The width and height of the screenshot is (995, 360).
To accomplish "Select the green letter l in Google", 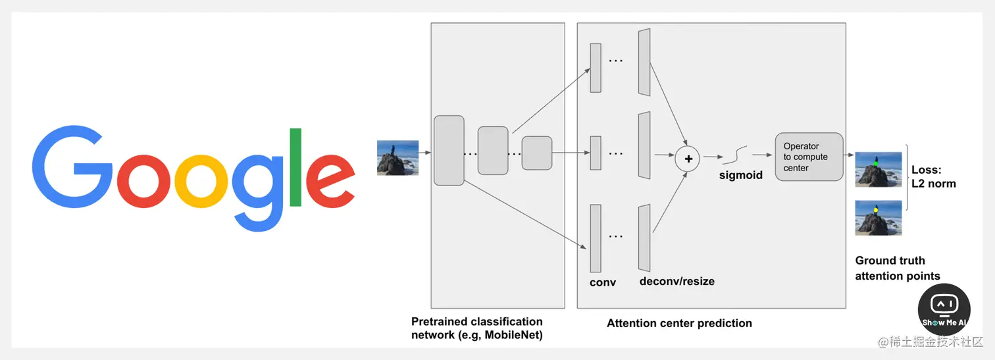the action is pyautogui.click(x=295, y=167).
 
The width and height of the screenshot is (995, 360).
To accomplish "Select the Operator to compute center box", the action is pyautogui.click(x=809, y=157).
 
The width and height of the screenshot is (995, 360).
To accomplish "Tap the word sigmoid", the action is pyautogui.click(x=741, y=176).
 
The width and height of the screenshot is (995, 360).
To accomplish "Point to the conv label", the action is pyautogui.click(x=603, y=282).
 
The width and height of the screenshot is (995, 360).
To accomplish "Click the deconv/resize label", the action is pyautogui.click(x=676, y=282).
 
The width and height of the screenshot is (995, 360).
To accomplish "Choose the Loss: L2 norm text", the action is pyautogui.click(x=933, y=176).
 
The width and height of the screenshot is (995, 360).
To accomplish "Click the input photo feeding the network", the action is pyautogui.click(x=397, y=157).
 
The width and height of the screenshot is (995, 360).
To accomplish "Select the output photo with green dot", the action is pyautogui.click(x=878, y=170).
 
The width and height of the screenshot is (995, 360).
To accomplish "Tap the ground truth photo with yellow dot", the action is pyautogui.click(x=878, y=218).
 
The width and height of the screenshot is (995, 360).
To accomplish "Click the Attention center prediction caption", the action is pyautogui.click(x=679, y=323).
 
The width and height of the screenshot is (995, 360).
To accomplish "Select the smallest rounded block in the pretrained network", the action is pyautogui.click(x=536, y=153).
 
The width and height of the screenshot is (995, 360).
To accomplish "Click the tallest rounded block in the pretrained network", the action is pyautogui.click(x=449, y=150).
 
